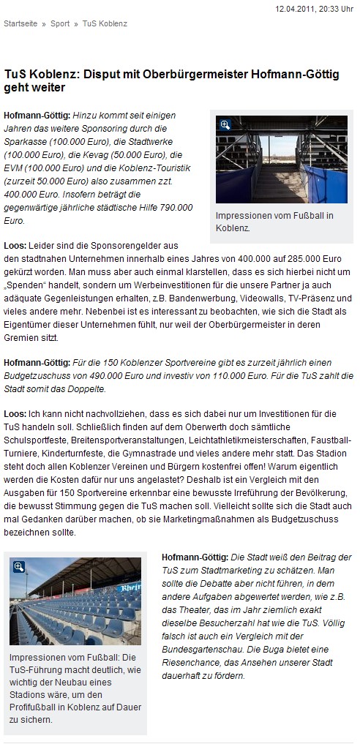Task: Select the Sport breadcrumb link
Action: (x=60, y=23)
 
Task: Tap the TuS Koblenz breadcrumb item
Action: (x=104, y=23)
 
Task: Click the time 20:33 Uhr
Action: (x=338, y=8)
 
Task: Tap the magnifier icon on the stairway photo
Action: (x=225, y=125)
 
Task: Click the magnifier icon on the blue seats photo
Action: (x=19, y=566)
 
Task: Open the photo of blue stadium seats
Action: (x=75, y=601)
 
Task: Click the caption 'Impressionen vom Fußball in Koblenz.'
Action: (x=274, y=222)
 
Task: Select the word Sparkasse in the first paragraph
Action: (x=24, y=142)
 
